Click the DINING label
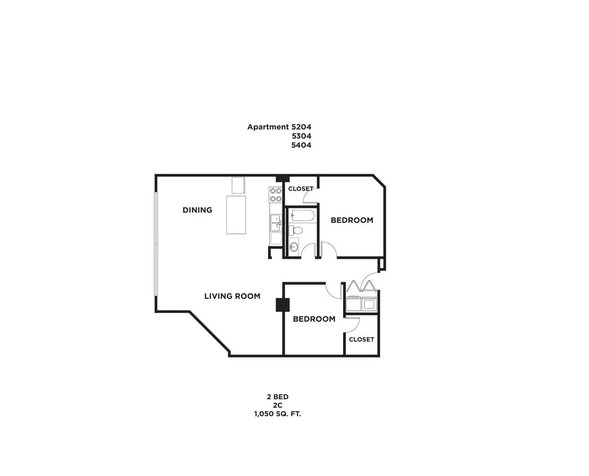[x=197, y=210]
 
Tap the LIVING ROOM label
[x=232, y=296]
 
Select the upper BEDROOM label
[x=351, y=220]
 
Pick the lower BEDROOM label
[x=314, y=319]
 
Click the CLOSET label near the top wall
[x=301, y=188]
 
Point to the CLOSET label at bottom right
[x=361, y=339]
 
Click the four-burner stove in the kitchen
[x=275, y=195]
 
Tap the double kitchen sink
[x=275, y=223]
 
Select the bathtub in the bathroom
[x=302, y=215]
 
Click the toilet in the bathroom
[x=296, y=230]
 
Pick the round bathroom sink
[x=293, y=246]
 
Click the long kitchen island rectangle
[x=236, y=214]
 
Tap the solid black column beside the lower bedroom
[x=282, y=305]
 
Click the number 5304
[x=301, y=136]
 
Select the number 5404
[x=301, y=145]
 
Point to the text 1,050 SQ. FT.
[x=277, y=415]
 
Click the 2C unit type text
[x=277, y=406]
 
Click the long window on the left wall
[x=156, y=244]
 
